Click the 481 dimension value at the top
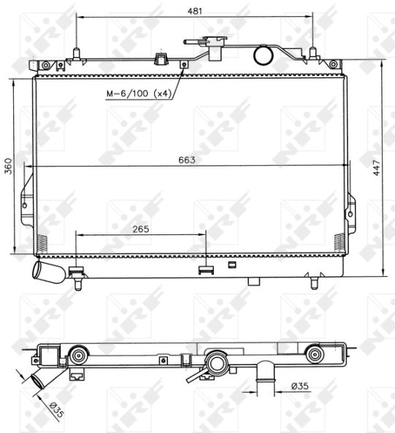pyautogui.click(x=195, y=11)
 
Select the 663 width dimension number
pyautogui.click(x=187, y=160)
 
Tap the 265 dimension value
pyautogui.click(x=141, y=229)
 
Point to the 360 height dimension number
pyautogui.click(x=9, y=166)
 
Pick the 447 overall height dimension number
pyautogui.click(x=377, y=168)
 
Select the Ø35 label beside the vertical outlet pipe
pyautogui.click(x=300, y=386)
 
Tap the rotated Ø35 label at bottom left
pyautogui.click(x=57, y=410)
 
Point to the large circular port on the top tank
pyautogui.click(x=263, y=55)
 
